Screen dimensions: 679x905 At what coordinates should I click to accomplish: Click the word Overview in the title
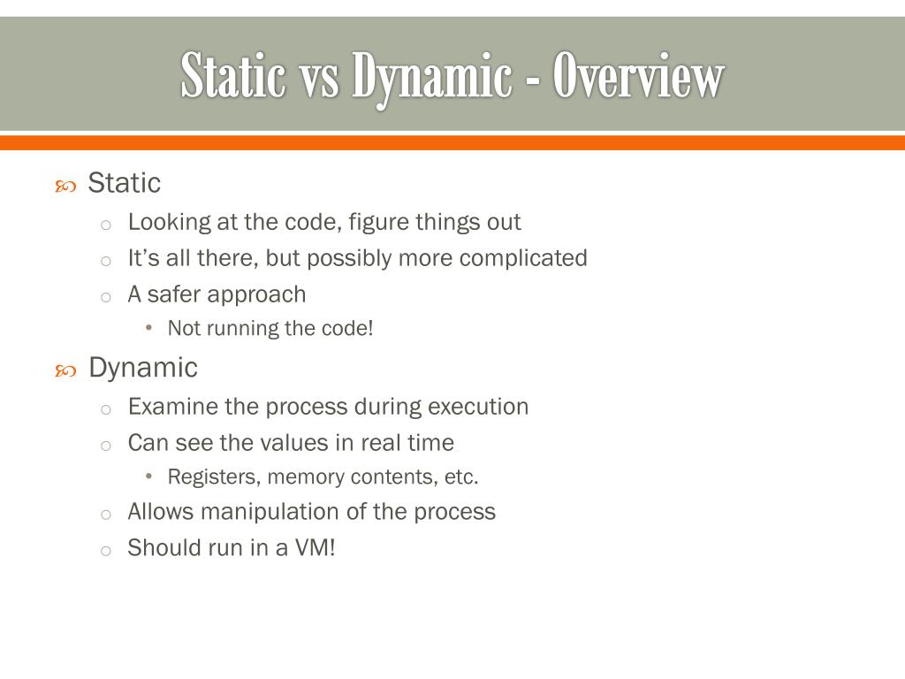[638, 77]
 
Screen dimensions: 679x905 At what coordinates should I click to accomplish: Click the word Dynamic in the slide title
[432, 79]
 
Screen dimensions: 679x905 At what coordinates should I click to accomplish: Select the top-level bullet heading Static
[125, 183]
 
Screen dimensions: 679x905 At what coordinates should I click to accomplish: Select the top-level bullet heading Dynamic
[143, 367]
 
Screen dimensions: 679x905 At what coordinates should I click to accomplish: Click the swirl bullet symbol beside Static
[65, 186]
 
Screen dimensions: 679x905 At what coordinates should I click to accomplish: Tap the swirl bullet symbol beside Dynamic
[65, 370]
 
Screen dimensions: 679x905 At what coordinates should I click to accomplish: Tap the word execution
[478, 407]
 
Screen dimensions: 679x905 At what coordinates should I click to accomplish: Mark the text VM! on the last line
[316, 548]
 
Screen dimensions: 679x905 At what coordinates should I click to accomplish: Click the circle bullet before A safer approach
[105, 296]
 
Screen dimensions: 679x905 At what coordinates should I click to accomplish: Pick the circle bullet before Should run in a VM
[105, 550]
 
